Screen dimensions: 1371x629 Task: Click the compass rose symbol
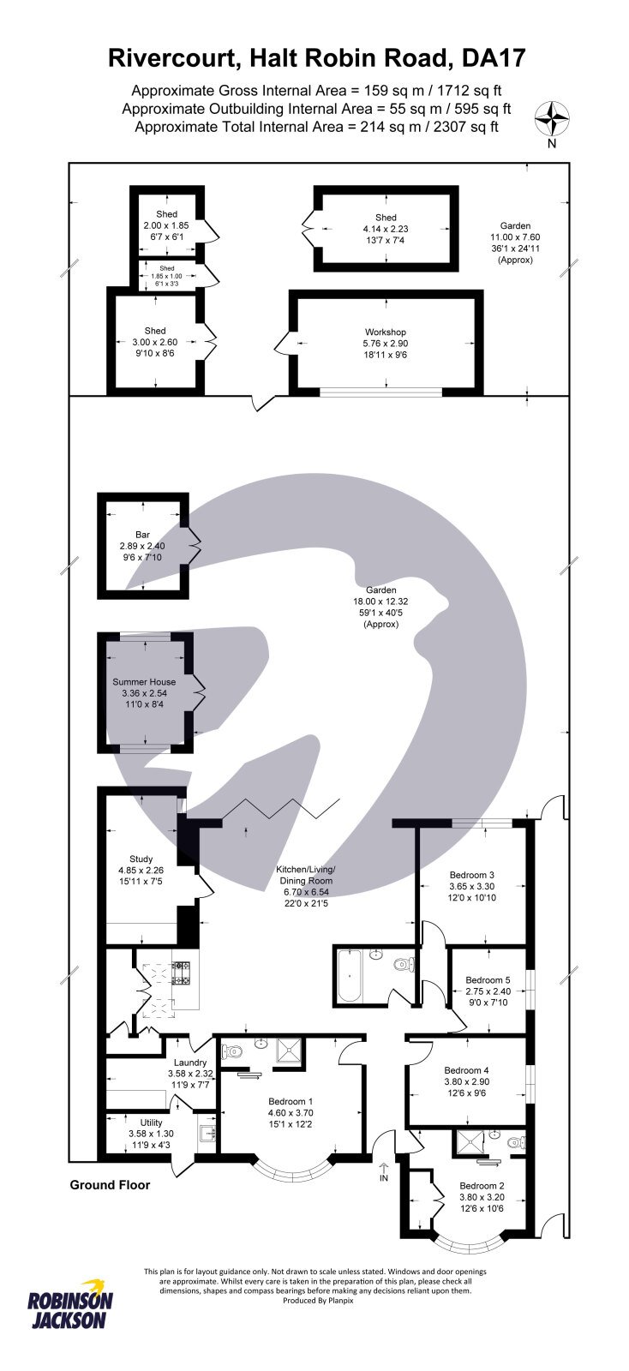(x=552, y=118)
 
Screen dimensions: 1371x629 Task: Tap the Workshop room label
(x=386, y=332)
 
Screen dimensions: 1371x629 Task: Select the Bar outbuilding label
(x=142, y=535)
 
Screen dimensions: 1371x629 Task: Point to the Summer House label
(x=144, y=682)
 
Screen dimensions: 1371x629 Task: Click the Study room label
(x=141, y=859)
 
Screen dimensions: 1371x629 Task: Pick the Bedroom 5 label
(x=488, y=980)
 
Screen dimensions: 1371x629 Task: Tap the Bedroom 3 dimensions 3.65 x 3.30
(x=472, y=887)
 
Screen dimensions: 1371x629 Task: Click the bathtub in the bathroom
(x=350, y=976)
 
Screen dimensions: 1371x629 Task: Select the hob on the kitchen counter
(x=182, y=973)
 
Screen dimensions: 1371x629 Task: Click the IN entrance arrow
(x=383, y=1170)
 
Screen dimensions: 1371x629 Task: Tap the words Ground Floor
(x=110, y=1185)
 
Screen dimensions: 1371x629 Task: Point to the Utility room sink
(x=207, y=1134)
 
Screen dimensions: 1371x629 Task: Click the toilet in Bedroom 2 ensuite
(x=514, y=1142)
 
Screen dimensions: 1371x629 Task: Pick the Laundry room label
(x=190, y=1063)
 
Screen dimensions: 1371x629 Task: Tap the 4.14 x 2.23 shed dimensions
(x=386, y=229)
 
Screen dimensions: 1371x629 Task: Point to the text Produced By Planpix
(x=318, y=1300)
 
